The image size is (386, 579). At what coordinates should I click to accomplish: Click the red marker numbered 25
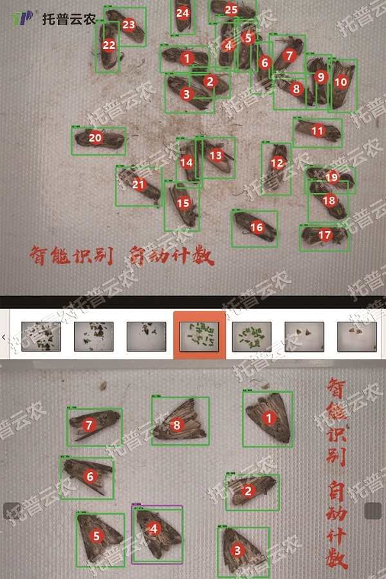pos(231,10)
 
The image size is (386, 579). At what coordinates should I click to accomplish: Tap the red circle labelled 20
pos(95,138)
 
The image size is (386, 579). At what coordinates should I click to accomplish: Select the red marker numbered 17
pos(325,235)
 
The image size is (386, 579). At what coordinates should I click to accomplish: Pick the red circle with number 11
pos(317,131)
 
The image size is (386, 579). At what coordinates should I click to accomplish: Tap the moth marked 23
pos(127,26)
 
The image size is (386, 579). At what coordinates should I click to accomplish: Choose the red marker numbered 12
pos(277,163)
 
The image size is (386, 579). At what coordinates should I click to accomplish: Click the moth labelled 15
pos(182,205)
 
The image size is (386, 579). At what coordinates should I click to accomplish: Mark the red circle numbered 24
pos(183,13)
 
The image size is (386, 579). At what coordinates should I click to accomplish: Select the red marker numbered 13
pos(216,155)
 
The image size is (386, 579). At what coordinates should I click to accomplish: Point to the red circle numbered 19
pos(331,177)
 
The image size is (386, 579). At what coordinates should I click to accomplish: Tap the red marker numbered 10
pos(340,82)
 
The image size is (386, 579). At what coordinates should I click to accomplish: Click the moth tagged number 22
pos(108,46)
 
